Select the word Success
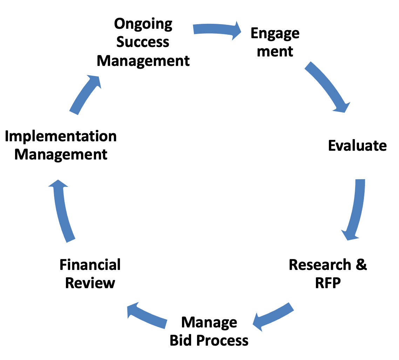point(143,42)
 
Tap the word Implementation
point(61,136)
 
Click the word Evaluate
point(357,145)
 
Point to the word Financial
point(90,265)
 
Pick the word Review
point(90,283)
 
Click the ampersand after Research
point(361,265)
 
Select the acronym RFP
point(328,283)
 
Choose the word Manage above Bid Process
point(209,322)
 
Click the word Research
point(319,265)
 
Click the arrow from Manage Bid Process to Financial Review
point(147,315)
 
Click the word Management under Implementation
point(61,155)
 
